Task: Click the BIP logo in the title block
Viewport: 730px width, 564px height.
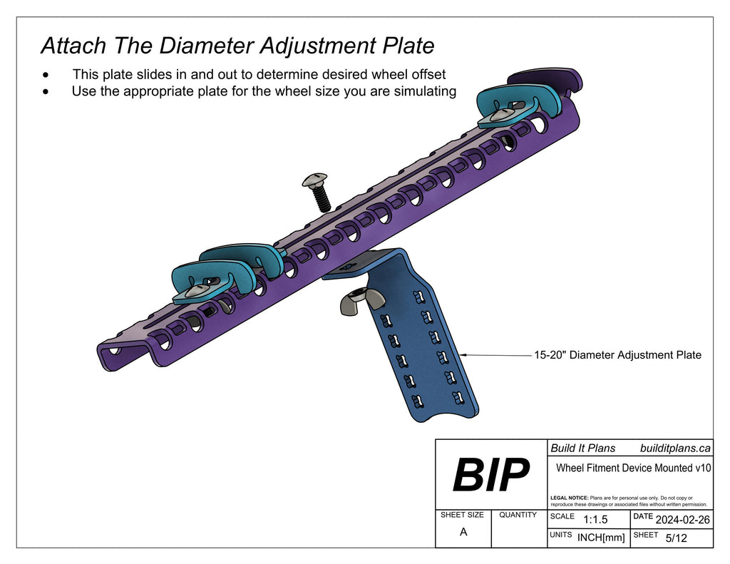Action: pyautogui.click(x=491, y=475)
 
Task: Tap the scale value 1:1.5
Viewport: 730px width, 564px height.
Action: pyautogui.click(x=595, y=520)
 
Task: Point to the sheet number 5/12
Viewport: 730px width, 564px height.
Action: pyautogui.click(x=676, y=538)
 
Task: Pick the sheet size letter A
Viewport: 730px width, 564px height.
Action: pyautogui.click(x=463, y=531)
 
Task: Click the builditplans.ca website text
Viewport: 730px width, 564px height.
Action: pyautogui.click(x=675, y=448)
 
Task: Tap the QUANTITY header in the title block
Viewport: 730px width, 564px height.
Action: pyautogui.click(x=518, y=515)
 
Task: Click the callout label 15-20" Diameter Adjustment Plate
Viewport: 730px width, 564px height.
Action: pyautogui.click(x=617, y=354)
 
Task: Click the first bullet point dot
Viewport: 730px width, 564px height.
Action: pyautogui.click(x=46, y=74)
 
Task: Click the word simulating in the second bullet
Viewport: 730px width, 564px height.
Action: pyautogui.click(x=423, y=91)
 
